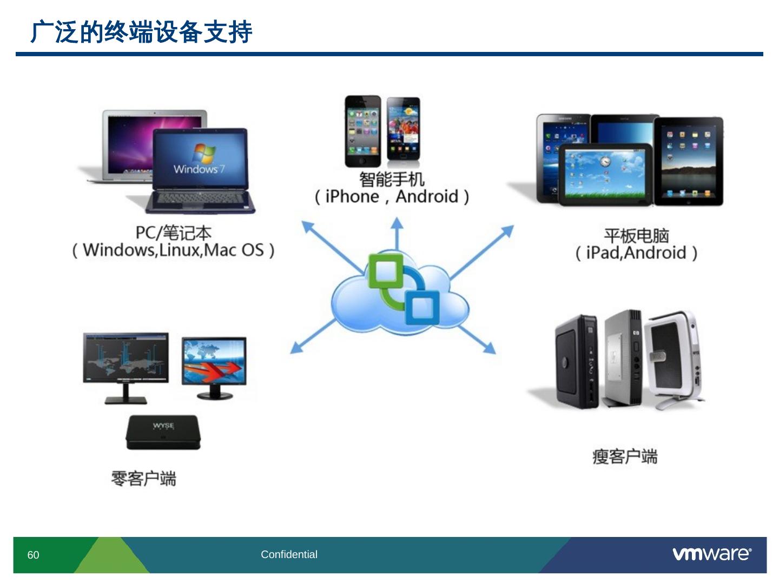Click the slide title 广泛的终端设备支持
(x=141, y=32)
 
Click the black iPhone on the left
(x=363, y=131)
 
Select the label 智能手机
(x=392, y=178)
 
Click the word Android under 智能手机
(x=427, y=196)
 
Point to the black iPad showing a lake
(x=689, y=161)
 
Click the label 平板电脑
(x=636, y=236)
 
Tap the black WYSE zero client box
(x=163, y=432)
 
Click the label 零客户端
(x=143, y=479)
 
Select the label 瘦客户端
(x=625, y=456)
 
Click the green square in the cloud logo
(x=386, y=271)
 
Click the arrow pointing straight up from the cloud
(x=397, y=233)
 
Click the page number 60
(x=34, y=555)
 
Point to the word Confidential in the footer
(x=289, y=554)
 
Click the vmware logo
(x=711, y=554)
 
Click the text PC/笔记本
(x=173, y=233)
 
